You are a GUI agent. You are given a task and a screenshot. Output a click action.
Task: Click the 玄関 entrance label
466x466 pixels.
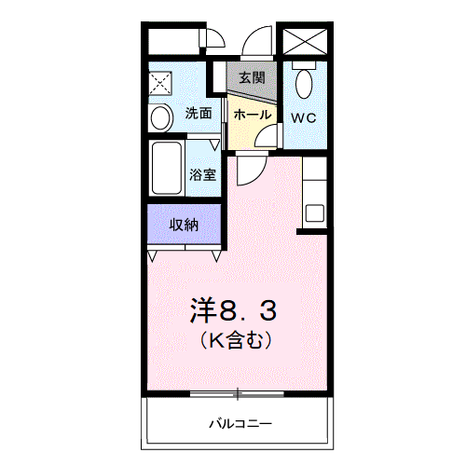pyautogui.click(x=252, y=77)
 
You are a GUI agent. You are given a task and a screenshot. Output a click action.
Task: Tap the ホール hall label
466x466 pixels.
pyautogui.click(x=253, y=115)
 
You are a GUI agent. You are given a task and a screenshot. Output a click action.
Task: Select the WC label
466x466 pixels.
pyautogui.click(x=303, y=118)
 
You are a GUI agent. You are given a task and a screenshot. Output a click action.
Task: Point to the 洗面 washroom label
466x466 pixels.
pyautogui.click(x=199, y=113)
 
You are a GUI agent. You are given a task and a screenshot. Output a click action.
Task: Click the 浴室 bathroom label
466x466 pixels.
pyautogui.click(x=202, y=174)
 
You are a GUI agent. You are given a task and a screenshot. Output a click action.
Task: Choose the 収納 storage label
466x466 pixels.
pyautogui.click(x=184, y=225)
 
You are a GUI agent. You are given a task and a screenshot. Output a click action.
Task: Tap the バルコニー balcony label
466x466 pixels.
pyautogui.click(x=240, y=423)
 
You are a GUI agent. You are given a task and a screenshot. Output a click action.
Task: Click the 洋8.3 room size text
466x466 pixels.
pyautogui.click(x=233, y=311)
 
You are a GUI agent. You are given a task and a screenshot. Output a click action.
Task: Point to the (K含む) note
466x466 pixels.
pyautogui.click(x=236, y=340)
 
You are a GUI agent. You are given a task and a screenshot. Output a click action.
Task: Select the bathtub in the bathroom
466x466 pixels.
pyautogui.click(x=167, y=168)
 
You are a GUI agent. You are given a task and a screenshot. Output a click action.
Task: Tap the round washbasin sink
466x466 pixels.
pyautogui.click(x=160, y=117)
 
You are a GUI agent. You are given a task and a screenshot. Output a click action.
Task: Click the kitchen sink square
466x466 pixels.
pyautogui.click(x=315, y=212)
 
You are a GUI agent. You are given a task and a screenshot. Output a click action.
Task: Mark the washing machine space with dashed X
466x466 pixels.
pyautogui.click(x=160, y=83)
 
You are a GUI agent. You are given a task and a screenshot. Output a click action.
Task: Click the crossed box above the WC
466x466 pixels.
pyautogui.click(x=305, y=41)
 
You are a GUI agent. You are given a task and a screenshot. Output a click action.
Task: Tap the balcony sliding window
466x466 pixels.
pyautogui.click(x=237, y=394)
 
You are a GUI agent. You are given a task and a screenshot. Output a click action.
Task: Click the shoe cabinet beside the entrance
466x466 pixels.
pyautogui.click(x=219, y=76)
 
